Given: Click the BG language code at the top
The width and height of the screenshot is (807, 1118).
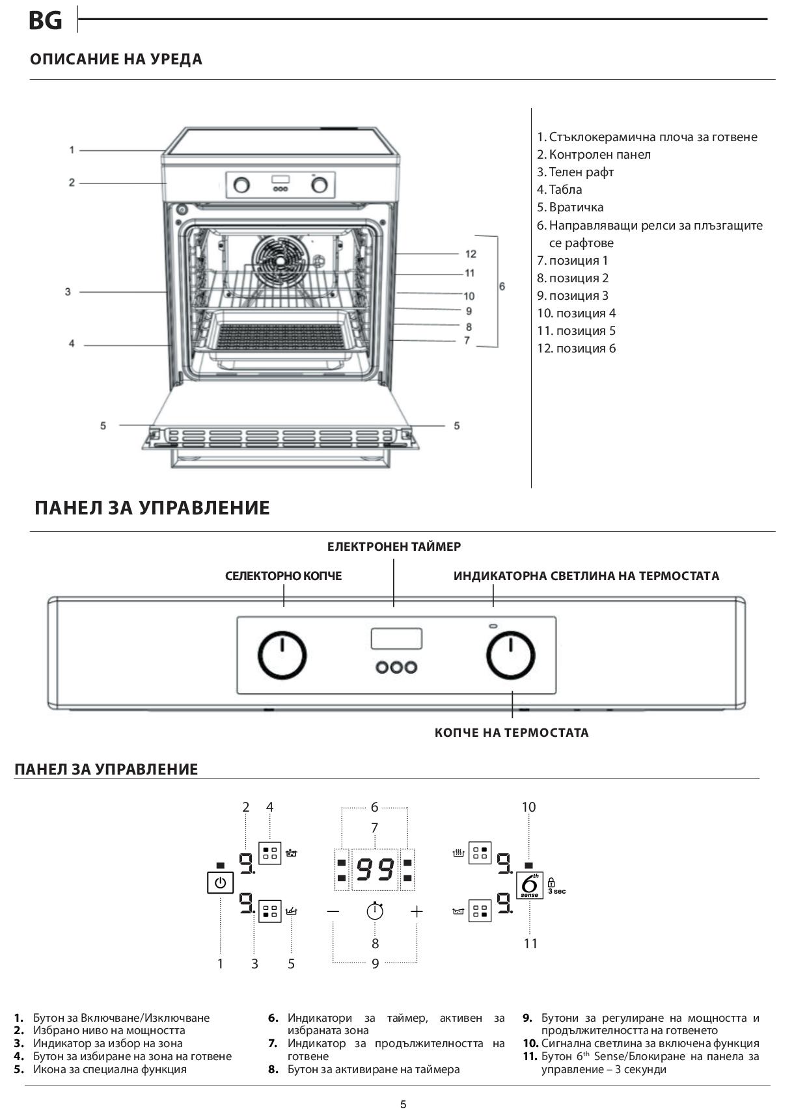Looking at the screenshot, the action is [46, 21].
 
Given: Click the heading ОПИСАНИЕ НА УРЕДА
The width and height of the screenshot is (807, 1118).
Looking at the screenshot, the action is [116, 59].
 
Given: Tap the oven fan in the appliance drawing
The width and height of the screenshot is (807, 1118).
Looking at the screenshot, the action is [280, 259].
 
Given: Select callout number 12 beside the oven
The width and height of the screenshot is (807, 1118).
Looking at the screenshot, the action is [471, 254].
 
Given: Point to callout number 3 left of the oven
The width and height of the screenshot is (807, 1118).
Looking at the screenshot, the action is [68, 292].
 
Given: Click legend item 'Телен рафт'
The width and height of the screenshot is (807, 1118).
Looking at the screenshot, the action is [575, 172].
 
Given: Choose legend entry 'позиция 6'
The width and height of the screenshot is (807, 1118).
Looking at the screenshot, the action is [577, 348].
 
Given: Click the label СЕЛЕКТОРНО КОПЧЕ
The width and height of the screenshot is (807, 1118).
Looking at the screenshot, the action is [283, 576].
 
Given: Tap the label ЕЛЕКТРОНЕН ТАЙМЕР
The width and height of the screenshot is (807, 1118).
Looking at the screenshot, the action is [394, 546].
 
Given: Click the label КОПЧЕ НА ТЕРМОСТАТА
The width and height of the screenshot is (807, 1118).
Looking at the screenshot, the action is [512, 732].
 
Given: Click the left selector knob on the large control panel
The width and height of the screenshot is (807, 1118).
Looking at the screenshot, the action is [282, 655].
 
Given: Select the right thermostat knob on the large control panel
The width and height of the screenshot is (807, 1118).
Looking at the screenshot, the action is [511, 655].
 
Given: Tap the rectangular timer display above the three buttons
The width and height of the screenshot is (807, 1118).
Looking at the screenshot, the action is [396, 639].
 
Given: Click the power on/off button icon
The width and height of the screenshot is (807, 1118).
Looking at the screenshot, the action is [221, 883].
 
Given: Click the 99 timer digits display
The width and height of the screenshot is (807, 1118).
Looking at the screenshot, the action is [375, 870].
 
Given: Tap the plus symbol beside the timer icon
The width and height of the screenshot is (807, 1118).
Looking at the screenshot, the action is [417, 911].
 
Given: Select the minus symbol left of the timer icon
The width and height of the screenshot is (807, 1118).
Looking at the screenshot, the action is [333, 911].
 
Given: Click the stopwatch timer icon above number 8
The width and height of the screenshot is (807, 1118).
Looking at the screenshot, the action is [375, 911].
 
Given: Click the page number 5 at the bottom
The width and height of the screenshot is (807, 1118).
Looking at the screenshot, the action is [403, 1104].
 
